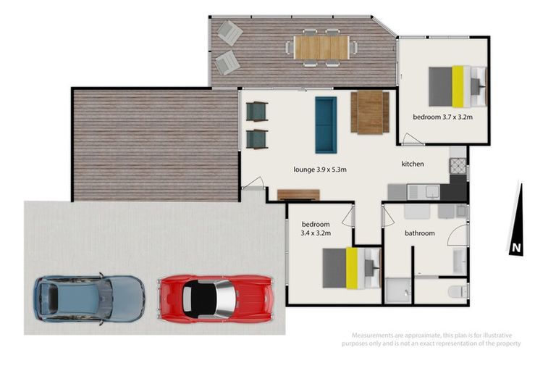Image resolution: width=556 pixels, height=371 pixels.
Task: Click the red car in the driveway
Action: click(x=215, y=298)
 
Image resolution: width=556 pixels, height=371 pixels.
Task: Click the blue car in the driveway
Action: click(x=88, y=297)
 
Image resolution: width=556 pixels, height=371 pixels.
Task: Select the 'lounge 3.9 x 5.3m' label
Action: click(x=320, y=170)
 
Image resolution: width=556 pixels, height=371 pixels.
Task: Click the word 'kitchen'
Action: click(x=413, y=164)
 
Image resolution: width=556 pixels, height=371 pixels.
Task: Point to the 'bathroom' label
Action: click(x=419, y=233)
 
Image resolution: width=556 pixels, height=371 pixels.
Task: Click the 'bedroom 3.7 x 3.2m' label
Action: click(x=443, y=117)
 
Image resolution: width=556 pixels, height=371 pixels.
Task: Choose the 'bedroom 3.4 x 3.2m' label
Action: click(x=316, y=229)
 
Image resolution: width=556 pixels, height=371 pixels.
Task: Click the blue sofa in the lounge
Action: click(x=325, y=124)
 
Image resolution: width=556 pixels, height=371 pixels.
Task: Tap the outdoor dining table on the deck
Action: click(x=321, y=47)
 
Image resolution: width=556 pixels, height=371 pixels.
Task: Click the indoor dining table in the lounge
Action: click(x=371, y=113)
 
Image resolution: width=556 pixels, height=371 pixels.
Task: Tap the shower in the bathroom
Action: click(x=397, y=291)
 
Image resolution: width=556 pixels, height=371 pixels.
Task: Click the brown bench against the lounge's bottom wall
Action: click(x=298, y=194)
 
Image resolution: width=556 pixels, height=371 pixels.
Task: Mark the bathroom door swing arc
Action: click(x=456, y=233)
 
